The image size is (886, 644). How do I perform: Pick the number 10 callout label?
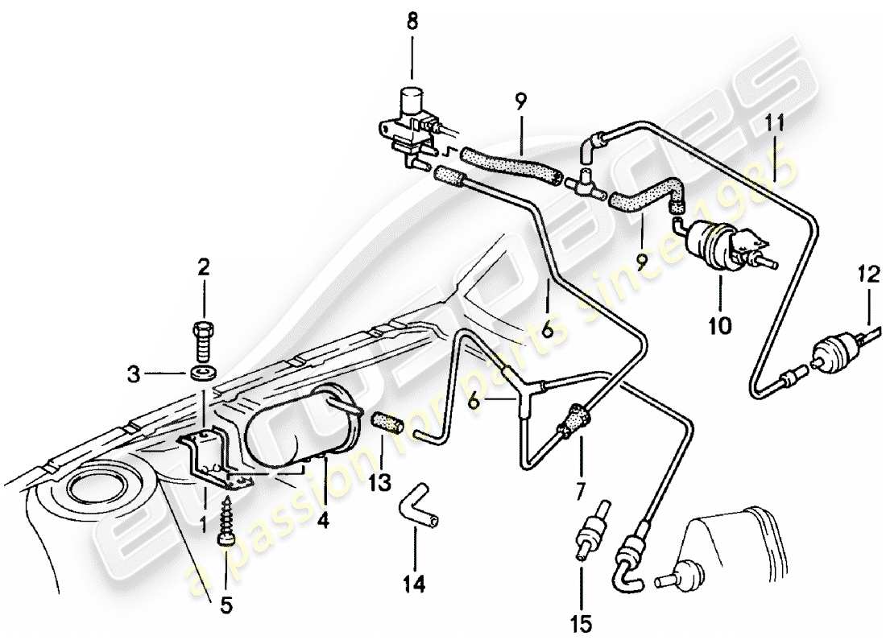(x=719, y=326)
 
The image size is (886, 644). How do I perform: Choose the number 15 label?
(x=581, y=622)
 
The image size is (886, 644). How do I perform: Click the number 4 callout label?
(x=323, y=521)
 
